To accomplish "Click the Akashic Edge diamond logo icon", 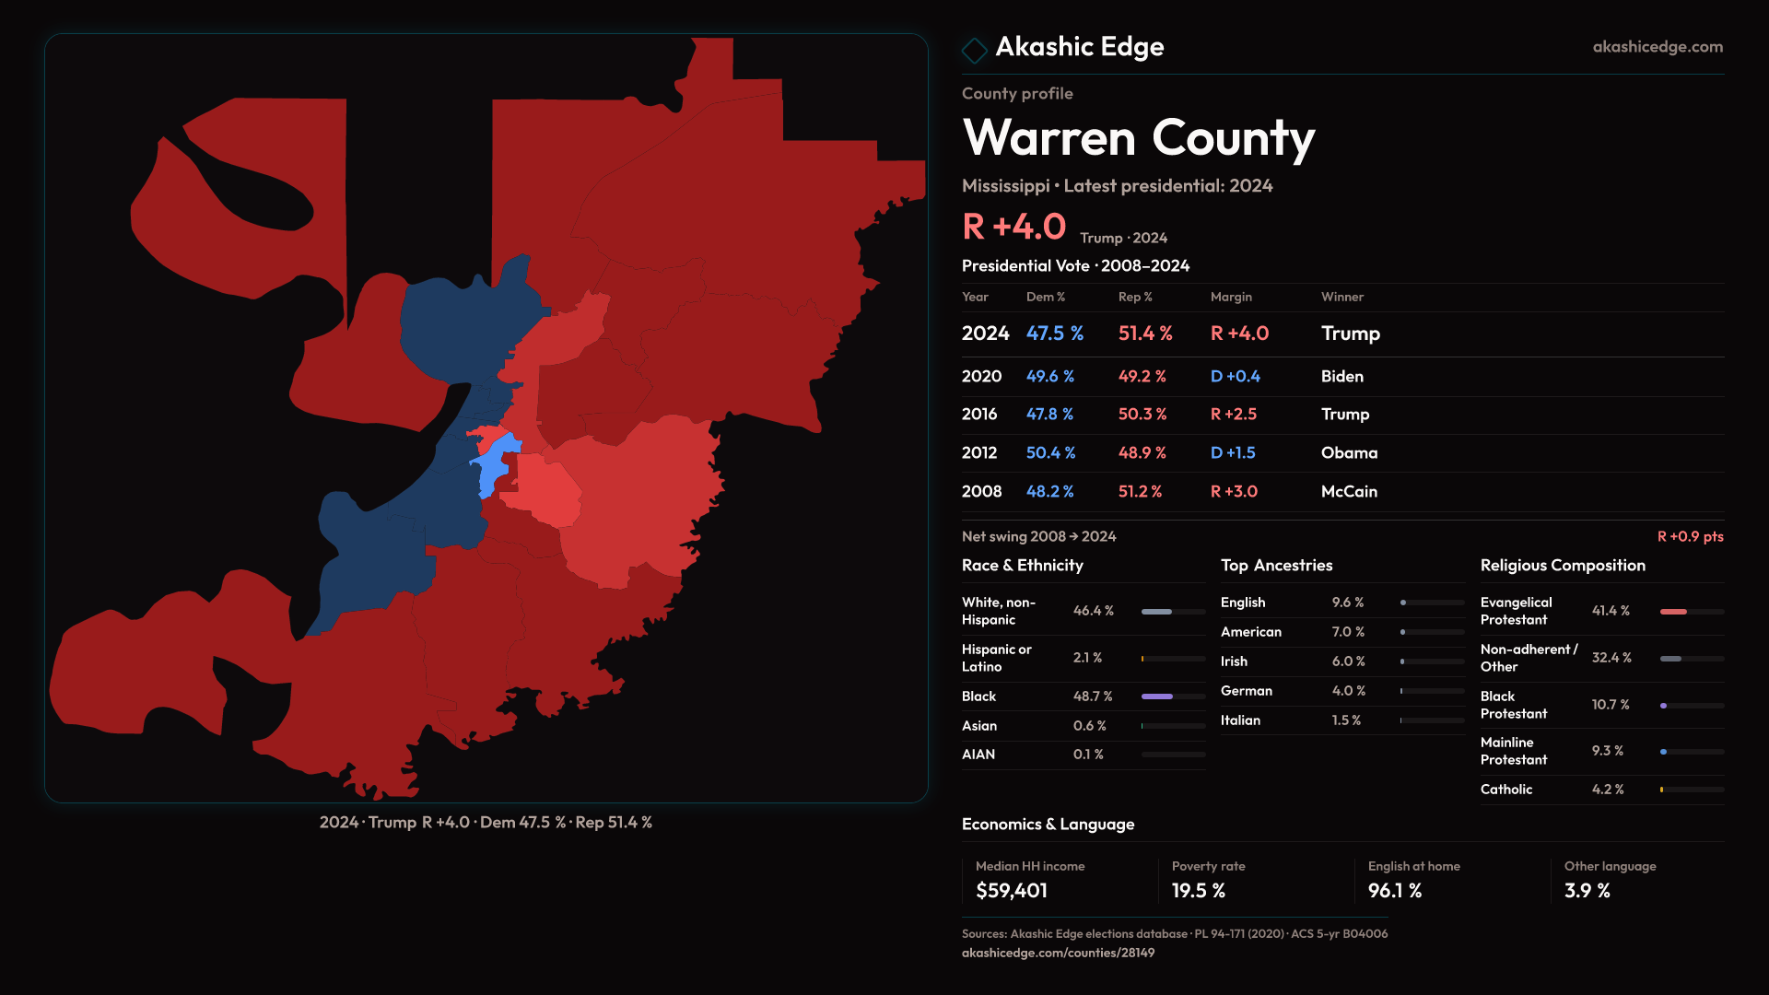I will point(974,49).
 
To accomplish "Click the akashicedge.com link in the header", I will point(1657,47).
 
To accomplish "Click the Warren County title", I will point(1138,138).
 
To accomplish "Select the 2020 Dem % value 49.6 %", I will point(1049,377).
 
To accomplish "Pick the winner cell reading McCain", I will point(1348,492).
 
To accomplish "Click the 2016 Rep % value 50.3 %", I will point(1142,415).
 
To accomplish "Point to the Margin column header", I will point(1230,297).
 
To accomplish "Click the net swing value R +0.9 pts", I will point(1689,537).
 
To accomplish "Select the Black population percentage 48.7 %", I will point(1092,696).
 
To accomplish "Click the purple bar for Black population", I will point(1156,696).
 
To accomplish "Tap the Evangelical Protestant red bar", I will point(1672,612).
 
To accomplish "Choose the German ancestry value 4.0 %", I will point(1348,691).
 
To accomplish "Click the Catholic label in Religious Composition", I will point(1505,790).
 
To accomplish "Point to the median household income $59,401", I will point(1011,891).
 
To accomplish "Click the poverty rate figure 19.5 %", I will point(1198,891).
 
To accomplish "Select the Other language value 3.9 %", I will point(1587,891).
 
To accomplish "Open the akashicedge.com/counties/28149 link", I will point(1057,954).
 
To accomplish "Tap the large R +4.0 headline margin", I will point(1013,227).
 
